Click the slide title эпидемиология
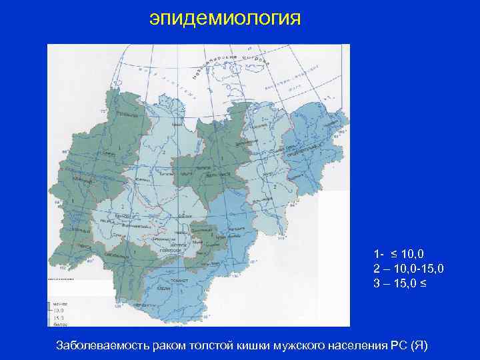(x=225, y=18)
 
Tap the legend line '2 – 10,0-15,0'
(x=408, y=267)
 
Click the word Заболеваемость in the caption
(x=99, y=345)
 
